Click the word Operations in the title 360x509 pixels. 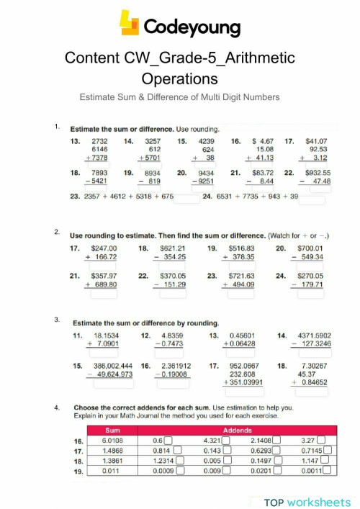[179, 78]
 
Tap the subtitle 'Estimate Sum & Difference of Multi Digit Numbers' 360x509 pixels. [179, 96]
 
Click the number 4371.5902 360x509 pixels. [312, 335]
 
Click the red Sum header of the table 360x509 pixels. [112, 430]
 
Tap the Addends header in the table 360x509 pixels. [238, 430]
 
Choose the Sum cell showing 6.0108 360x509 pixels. [112, 441]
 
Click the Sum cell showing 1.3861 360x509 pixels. [112, 461]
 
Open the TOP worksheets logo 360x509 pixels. [307, 502]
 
